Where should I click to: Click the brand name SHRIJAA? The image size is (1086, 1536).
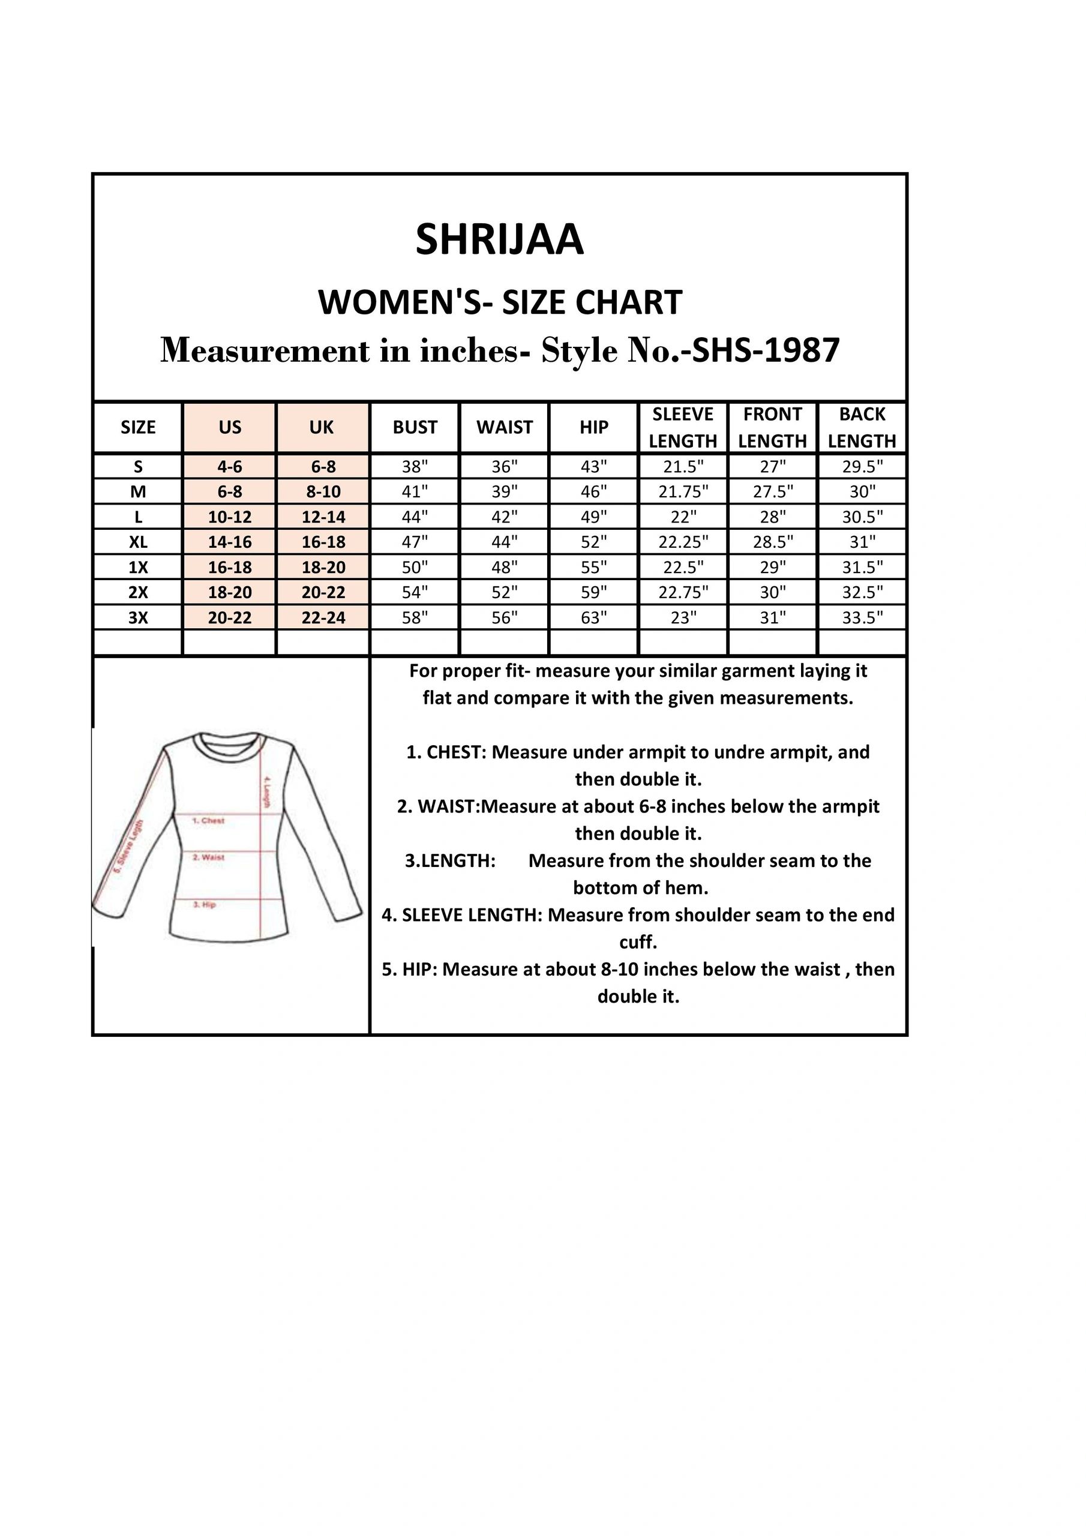499,239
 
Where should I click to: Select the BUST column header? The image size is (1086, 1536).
415,427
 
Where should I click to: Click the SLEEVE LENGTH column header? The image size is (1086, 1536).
683,427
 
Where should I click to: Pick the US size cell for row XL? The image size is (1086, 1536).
230,542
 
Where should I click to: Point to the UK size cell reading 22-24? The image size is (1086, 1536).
323,617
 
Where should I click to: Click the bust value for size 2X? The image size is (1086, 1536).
415,592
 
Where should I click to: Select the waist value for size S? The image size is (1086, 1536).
505,467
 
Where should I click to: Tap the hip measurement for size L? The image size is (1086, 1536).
593,517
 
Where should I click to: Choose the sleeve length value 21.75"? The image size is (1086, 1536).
683,493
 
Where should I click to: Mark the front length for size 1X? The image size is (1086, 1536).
772,568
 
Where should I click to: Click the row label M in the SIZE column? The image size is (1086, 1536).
138,493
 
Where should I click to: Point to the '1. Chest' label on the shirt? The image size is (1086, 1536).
208,820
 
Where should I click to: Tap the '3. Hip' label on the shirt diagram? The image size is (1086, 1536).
204,904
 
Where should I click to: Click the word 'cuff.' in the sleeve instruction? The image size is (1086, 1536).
638,942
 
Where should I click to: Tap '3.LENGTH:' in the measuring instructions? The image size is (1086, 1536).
451,860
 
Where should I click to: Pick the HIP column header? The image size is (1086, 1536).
593,427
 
